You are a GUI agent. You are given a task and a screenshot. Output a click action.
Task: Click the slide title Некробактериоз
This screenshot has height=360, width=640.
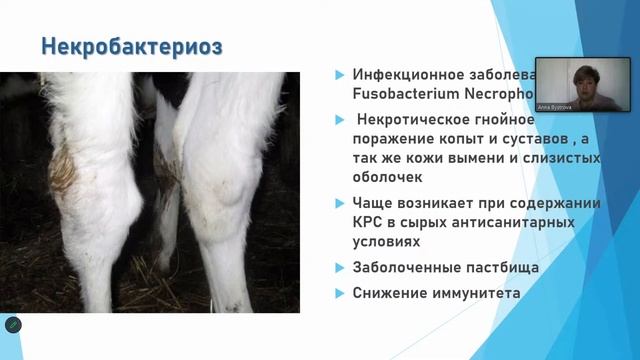131,46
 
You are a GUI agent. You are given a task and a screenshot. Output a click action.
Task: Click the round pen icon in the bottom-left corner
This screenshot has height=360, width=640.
13,325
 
